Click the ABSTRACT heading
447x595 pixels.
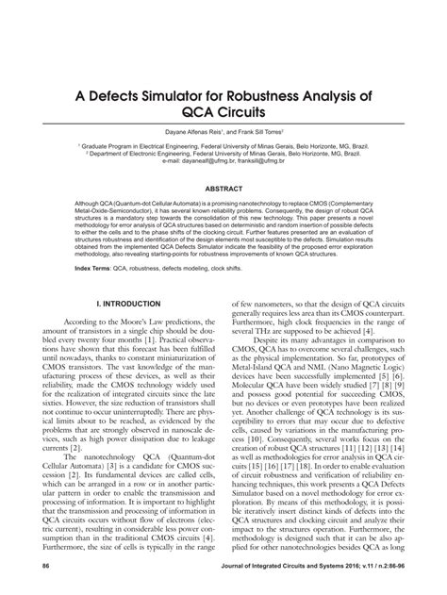click(x=223, y=189)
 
